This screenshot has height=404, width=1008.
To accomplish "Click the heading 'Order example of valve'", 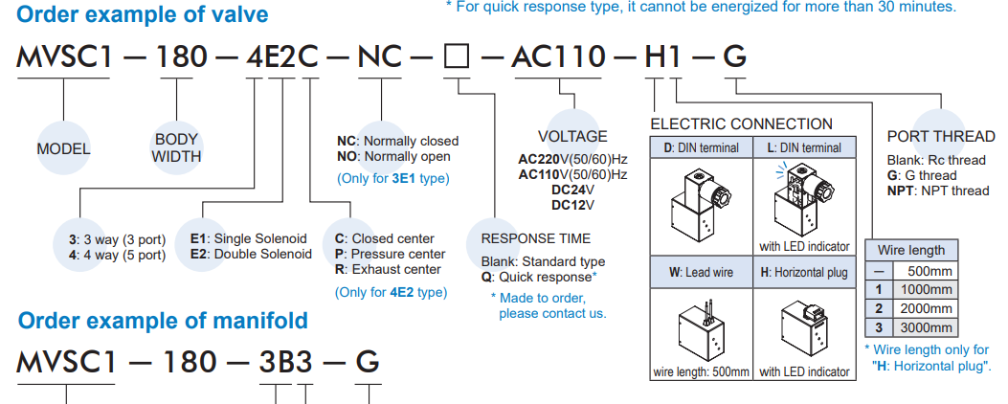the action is point(143,14).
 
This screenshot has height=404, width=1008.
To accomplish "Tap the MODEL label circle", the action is point(63,148).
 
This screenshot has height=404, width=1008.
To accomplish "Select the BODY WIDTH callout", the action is point(176,148).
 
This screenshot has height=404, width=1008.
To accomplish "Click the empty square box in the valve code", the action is point(457,57).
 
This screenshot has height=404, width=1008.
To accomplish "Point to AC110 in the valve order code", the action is point(559,57).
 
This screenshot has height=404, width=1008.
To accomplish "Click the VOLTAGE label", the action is point(572,136).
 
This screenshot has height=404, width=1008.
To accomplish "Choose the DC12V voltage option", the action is point(572,205).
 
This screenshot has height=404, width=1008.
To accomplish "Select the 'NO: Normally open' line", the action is point(393,156).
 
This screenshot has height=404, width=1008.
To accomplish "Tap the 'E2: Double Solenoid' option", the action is point(252,254).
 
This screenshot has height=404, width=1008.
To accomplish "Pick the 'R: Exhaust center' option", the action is point(388,270).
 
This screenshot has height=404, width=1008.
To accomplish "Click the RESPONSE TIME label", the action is point(535,238).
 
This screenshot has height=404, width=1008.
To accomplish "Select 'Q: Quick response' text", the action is point(539,278).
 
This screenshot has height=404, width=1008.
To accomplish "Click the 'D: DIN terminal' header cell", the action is point(702,147).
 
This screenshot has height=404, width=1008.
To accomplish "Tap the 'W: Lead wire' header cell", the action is point(702,272).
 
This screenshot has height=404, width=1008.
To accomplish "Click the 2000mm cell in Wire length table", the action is point(925,308).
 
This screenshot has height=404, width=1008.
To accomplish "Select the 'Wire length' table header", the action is point(911,250).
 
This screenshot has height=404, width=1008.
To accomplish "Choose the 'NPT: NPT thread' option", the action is point(938,191).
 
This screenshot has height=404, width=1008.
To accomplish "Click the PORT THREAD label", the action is point(941,136).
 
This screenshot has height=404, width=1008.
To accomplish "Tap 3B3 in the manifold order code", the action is point(285,362).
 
